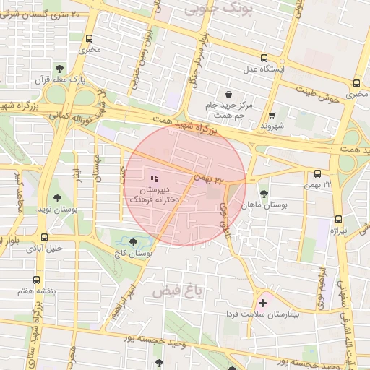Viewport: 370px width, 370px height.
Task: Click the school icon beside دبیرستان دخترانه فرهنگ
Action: point(152,178)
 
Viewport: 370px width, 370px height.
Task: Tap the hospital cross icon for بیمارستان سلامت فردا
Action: point(262,302)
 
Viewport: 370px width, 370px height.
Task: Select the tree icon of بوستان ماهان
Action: point(265,193)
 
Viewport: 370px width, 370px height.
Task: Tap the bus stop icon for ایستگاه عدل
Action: point(264,58)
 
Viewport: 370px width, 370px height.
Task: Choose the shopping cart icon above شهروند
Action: point(271,115)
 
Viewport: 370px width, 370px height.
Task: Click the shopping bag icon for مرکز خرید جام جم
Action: point(228,94)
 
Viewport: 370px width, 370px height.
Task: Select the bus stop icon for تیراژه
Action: point(337,219)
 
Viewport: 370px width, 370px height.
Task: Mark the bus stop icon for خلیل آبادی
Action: point(45,236)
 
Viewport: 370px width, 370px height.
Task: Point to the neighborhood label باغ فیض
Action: point(175,291)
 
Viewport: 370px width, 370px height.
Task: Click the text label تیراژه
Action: point(337,231)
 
